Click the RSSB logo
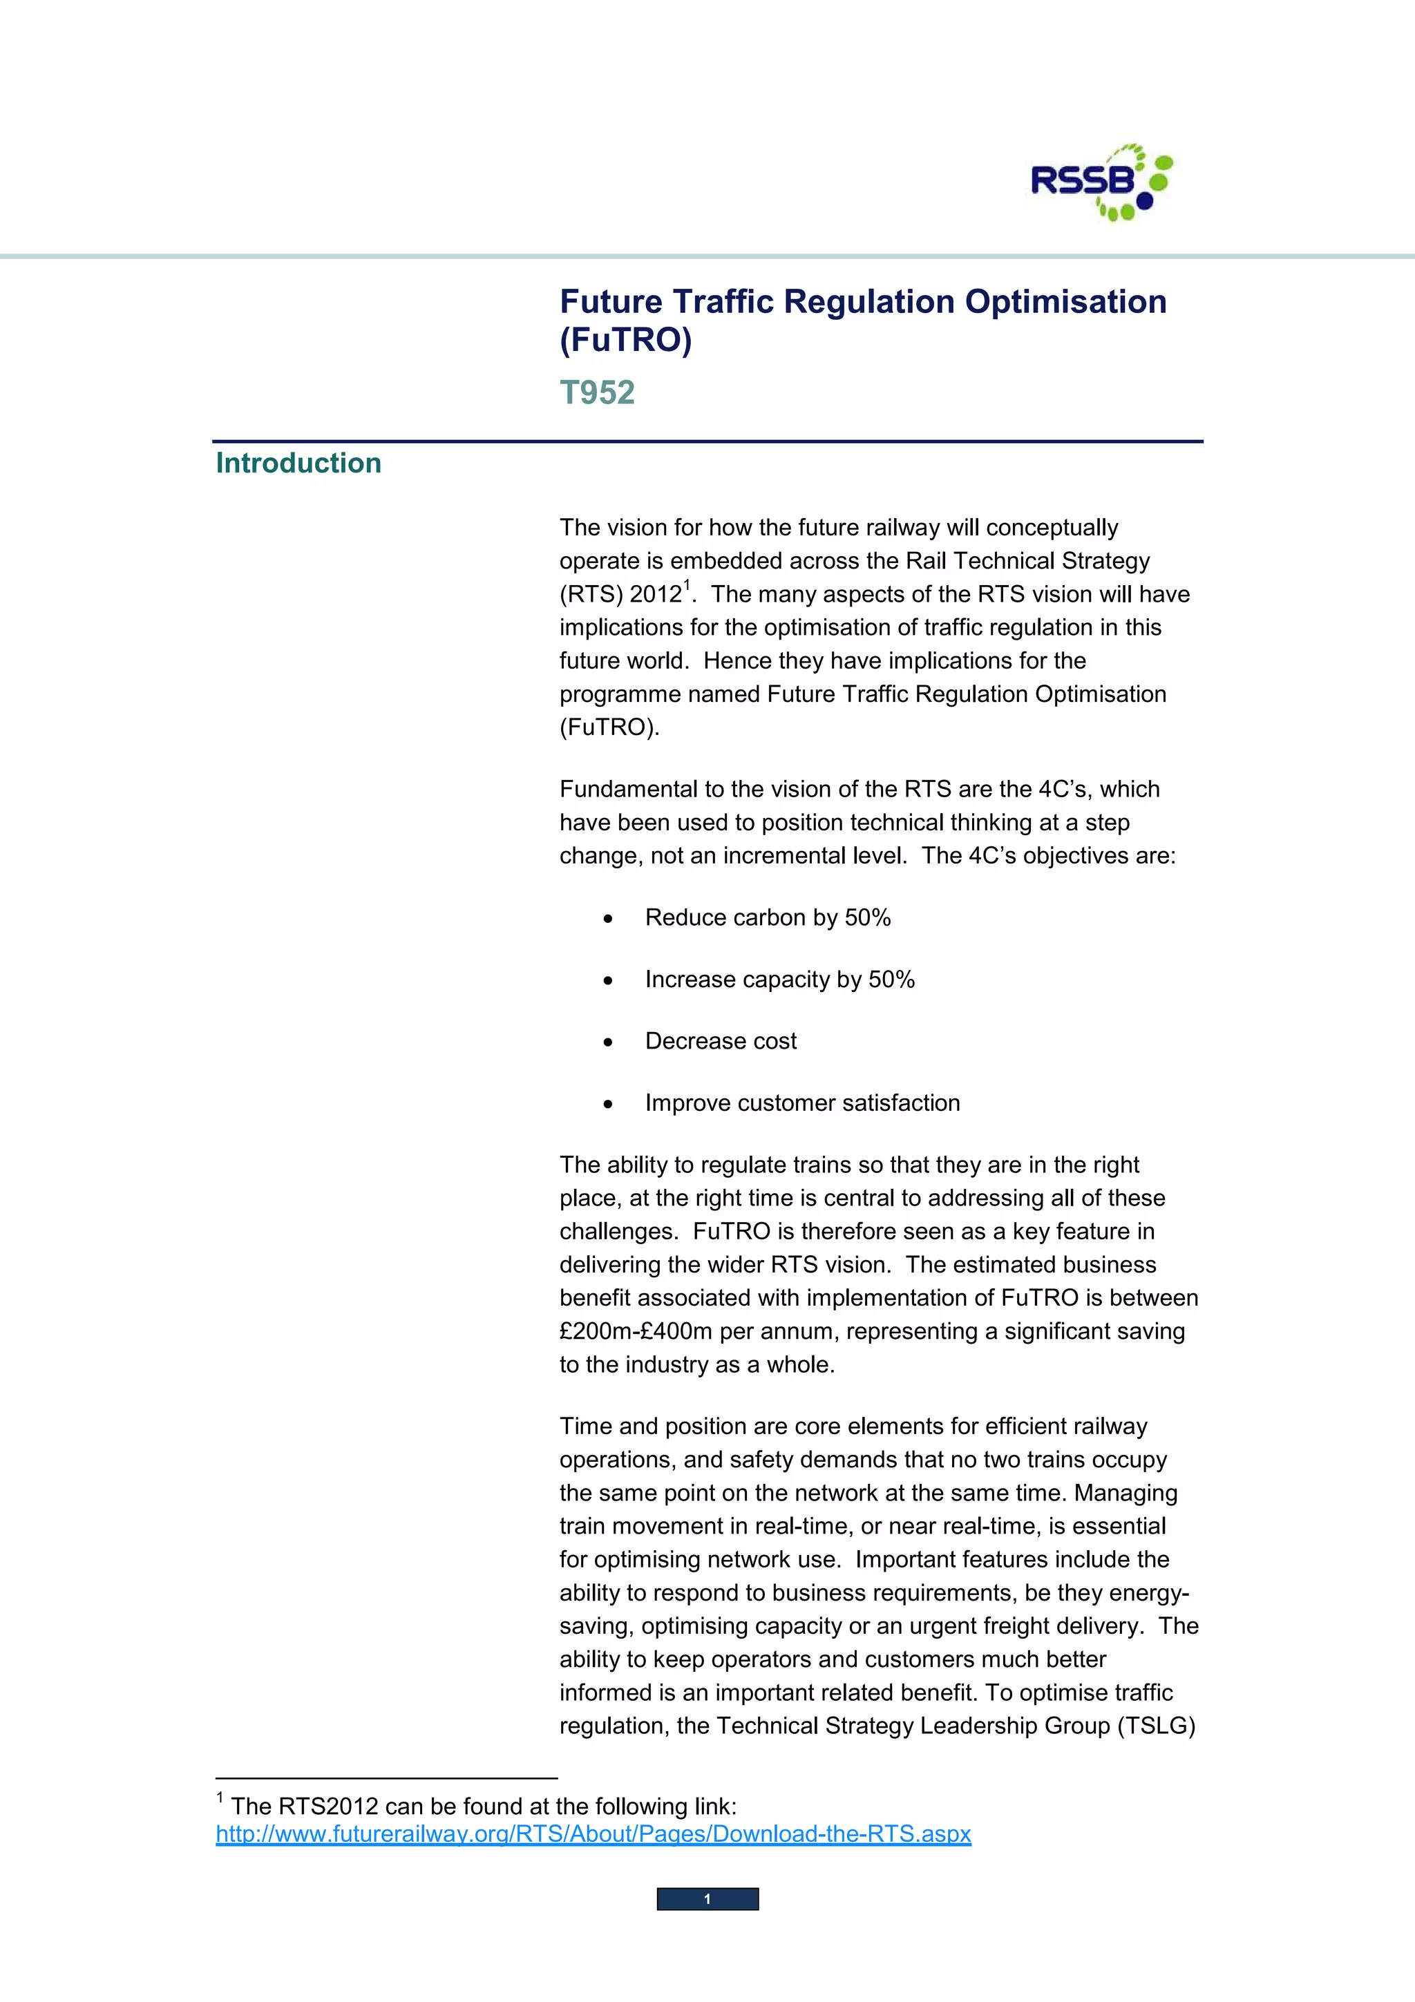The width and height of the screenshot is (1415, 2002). pos(1101,182)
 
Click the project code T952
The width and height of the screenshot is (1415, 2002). pos(597,392)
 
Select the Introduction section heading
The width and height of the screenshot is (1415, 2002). pos(298,463)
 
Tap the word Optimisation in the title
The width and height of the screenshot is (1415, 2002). pos(1065,302)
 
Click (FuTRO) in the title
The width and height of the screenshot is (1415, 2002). pos(625,340)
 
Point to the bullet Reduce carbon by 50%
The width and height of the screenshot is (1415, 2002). pos(767,917)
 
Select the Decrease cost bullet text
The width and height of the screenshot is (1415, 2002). pos(720,1041)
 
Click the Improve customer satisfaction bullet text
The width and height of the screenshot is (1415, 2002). pos(802,1103)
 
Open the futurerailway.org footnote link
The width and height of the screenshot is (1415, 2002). pos(593,1833)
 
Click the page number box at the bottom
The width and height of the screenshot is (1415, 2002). pos(707,1899)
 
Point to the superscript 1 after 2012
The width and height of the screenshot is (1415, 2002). pos(687,585)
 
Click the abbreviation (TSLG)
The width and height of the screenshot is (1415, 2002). pos(1156,1726)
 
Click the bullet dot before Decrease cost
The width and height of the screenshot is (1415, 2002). pos(608,1042)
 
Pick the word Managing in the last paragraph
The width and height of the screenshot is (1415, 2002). pos(1125,1493)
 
